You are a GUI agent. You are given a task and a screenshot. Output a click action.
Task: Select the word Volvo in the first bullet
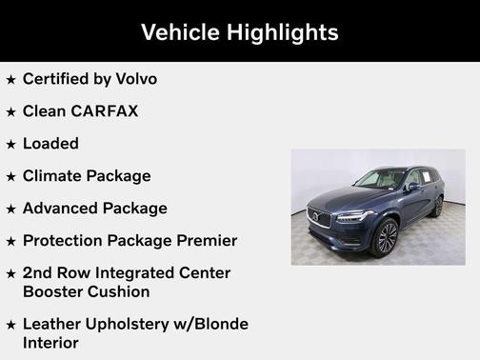(134, 79)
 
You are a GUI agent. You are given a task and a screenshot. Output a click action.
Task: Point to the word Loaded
(50, 144)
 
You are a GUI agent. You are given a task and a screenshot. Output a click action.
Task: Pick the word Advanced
(60, 209)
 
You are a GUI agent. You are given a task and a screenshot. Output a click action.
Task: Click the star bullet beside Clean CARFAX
(11, 112)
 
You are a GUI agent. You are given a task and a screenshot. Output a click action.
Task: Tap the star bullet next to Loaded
(11, 145)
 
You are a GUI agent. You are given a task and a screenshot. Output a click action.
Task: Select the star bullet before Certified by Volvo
(11, 80)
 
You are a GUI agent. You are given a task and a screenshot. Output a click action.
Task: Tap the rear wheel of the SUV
(439, 206)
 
